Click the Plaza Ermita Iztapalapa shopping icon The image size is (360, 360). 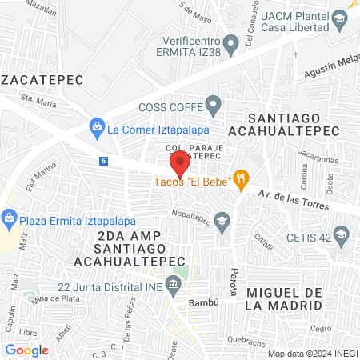click(10, 217)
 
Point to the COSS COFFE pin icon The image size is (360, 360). click(213, 104)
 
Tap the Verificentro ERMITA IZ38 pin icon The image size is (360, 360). click(232, 42)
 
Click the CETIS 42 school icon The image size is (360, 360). click(342, 234)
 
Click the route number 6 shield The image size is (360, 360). click(103, 161)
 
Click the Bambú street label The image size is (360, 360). click(203, 304)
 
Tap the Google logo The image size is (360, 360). click(26, 350)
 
